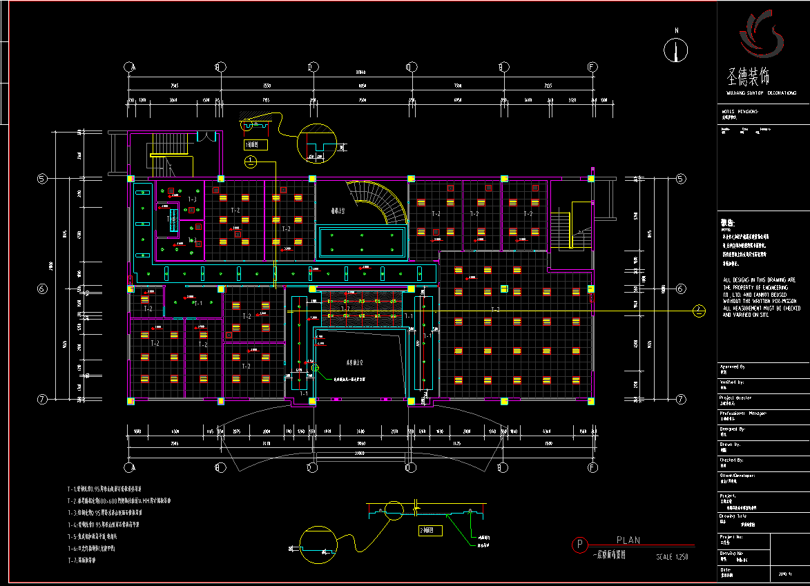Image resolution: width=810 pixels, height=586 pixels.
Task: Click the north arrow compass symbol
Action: [676, 50]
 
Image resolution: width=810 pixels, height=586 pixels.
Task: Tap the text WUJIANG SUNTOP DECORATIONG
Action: [761, 92]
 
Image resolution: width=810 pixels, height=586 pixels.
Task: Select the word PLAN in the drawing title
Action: [628, 540]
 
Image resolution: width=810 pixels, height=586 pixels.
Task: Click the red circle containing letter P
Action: [579, 545]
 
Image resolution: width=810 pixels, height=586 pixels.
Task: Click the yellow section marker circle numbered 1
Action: [250, 162]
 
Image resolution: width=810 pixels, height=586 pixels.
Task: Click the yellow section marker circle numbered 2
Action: [699, 311]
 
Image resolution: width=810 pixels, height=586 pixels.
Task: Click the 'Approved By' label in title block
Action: [733, 367]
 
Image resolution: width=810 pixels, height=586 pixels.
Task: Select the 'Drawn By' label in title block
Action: [731, 445]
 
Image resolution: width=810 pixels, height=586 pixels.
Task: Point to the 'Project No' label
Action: [731, 536]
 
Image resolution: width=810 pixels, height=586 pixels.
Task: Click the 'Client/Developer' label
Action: [737, 475]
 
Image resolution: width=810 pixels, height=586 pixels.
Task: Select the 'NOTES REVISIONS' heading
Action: [740, 111]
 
